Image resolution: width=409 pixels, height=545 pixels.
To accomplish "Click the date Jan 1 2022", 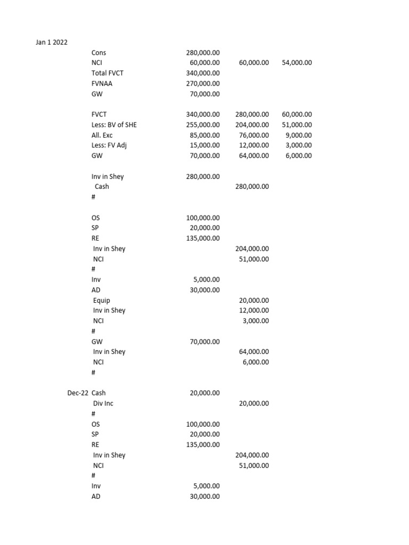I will click(52, 42).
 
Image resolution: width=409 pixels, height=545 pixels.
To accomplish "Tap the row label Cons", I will click(99, 53).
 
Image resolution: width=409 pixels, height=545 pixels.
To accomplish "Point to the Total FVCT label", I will click(107, 73).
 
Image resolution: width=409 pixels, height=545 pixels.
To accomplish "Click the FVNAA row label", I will click(102, 84).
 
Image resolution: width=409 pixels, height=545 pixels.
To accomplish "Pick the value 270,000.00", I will click(202, 84).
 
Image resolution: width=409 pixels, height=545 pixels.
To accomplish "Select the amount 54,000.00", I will click(297, 63).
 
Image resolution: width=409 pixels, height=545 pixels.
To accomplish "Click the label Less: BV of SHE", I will click(118, 125).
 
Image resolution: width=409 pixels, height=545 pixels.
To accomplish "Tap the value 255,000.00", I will click(202, 125).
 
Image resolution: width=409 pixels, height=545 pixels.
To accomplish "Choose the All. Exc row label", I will click(102, 135).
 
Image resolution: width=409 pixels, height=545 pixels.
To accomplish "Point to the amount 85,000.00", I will click(204, 135).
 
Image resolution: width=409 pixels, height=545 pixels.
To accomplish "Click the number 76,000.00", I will click(254, 135).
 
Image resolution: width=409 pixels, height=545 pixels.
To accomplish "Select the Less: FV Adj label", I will click(110, 145).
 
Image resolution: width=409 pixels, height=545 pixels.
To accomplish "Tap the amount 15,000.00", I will click(204, 145).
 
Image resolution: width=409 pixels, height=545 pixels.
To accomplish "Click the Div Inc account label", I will click(103, 403).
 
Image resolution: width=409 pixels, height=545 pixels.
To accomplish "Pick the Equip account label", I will click(102, 300).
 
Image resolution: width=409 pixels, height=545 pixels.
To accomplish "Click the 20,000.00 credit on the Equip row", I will click(254, 300).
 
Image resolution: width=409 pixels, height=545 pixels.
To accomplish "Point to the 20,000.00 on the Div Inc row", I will click(254, 403).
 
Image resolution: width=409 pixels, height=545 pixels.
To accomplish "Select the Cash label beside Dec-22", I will click(99, 393).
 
